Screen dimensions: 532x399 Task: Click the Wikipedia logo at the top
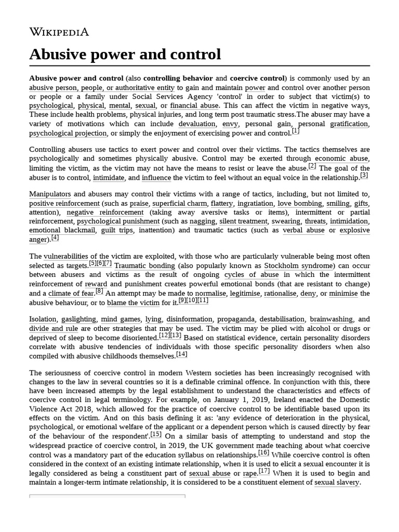tap(59, 32)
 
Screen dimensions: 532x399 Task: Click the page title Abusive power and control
tap(125, 54)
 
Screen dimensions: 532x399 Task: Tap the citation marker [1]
tap(296, 131)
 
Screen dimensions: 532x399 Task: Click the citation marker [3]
tap(364, 175)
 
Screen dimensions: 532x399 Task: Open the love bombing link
tap(300, 203)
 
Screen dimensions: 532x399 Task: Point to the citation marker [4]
tap(55, 237)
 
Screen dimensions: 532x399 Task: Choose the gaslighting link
tap(78, 320)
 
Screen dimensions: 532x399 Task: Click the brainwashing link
tap(331, 320)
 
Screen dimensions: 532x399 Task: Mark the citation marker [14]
tap(182, 354)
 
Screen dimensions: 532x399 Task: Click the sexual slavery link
tap(337, 483)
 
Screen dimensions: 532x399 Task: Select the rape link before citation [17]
tap(250, 473)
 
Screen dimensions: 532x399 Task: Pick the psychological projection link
tap(67, 134)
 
